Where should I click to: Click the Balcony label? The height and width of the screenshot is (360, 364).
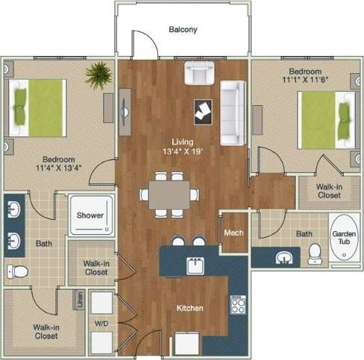(x=182, y=30)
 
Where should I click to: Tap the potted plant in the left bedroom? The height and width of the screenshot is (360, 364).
(x=98, y=75)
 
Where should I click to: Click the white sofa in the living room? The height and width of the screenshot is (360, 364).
(x=232, y=113)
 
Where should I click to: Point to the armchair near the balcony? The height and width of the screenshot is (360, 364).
(x=199, y=73)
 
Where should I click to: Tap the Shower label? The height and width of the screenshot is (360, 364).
(x=90, y=215)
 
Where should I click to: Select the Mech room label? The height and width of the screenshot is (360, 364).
(x=233, y=233)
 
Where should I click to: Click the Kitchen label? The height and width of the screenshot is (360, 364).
(x=190, y=308)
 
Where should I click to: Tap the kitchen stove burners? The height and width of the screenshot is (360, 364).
(x=238, y=304)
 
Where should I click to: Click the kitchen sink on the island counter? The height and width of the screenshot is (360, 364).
(x=196, y=265)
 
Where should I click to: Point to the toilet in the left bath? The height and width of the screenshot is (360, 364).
(x=16, y=271)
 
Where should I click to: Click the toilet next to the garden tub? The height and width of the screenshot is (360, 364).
(x=315, y=253)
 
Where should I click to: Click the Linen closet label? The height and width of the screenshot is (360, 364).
(x=78, y=300)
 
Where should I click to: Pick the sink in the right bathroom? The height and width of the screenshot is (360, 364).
(x=284, y=258)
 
